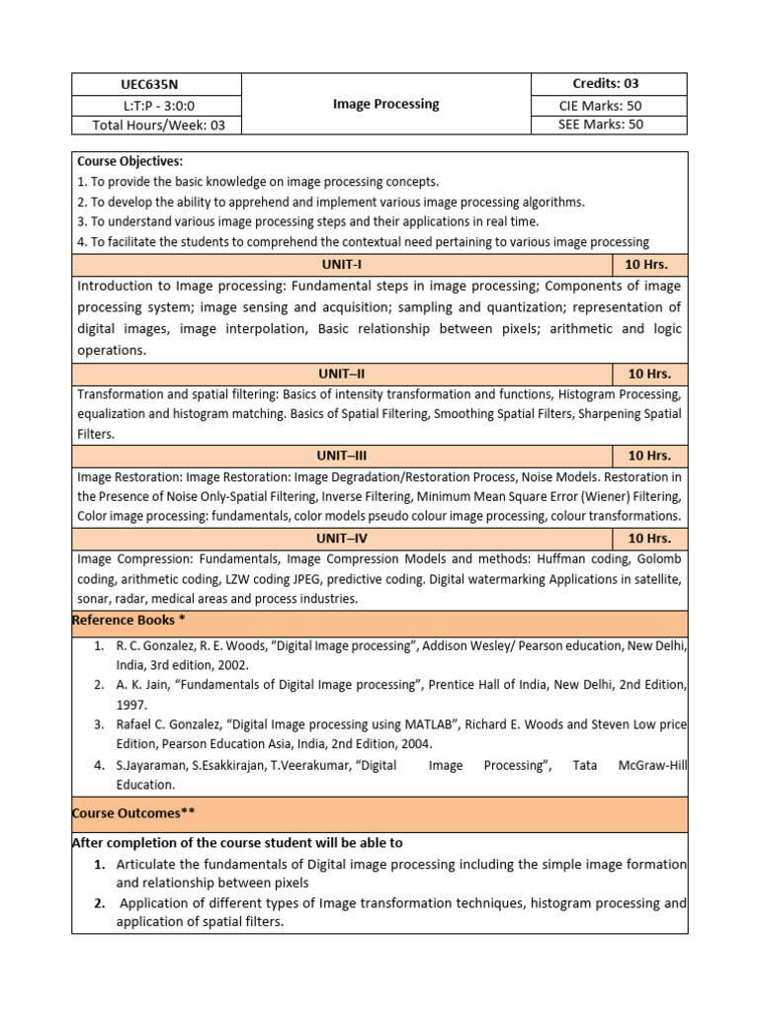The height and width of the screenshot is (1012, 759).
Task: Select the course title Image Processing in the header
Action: point(385,104)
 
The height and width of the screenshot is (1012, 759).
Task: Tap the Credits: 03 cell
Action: point(608,84)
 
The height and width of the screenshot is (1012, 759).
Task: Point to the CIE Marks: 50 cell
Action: point(608,105)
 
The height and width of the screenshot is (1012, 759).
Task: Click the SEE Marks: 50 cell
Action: point(608,125)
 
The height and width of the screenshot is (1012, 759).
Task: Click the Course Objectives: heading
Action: point(129,161)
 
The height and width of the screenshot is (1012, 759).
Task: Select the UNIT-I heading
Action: point(342,265)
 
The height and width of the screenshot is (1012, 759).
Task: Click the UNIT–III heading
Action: point(342,456)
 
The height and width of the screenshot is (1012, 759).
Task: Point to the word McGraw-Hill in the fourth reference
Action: point(649,765)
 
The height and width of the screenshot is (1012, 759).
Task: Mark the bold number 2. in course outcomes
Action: point(100,903)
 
